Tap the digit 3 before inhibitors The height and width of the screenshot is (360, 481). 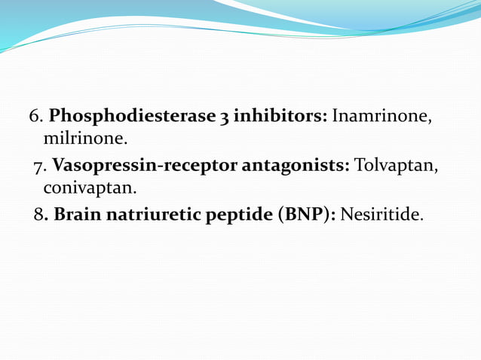point(225,117)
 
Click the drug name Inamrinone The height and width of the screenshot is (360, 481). point(382,117)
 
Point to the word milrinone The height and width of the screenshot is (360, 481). point(85,139)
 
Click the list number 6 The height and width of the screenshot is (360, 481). point(34,117)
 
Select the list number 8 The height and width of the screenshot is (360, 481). point(38,215)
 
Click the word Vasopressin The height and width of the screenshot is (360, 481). point(97,166)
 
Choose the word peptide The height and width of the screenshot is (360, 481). point(236,215)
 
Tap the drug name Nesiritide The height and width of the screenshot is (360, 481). point(381,215)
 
